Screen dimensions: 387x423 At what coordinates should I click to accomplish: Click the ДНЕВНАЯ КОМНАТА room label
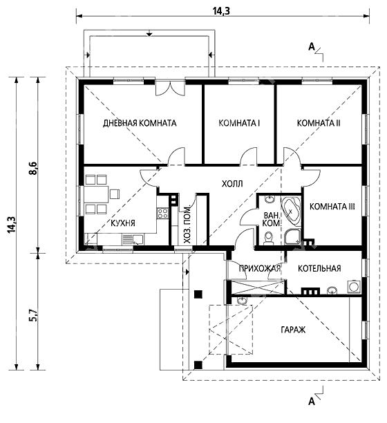pyautogui.click(x=140, y=123)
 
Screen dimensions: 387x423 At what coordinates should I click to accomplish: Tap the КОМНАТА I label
pyautogui.click(x=239, y=123)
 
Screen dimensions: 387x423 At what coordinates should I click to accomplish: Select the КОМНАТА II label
pyautogui.click(x=319, y=123)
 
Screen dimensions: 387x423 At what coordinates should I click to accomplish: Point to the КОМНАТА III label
pyautogui.click(x=332, y=207)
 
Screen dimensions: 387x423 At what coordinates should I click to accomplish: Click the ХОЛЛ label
pyautogui.click(x=232, y=184)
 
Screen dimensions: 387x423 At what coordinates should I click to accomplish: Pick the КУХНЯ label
pyautogui.click(x=123, y=223)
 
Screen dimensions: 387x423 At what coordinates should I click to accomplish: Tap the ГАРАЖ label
pyautogui.click(x=293, y=330)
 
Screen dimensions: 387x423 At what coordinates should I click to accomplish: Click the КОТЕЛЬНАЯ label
pyautogui.click(x=319, y=268)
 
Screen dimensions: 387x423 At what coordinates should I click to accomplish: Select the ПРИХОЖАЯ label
pyautogui.click(x=260, y=268)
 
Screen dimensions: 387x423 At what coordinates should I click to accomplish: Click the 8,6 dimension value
pyautogui.click(x=33, y=169)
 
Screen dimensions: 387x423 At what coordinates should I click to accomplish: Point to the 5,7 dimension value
pyautogui.click(x=33, y=315)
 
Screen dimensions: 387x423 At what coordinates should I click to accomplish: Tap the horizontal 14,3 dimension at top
pyautogui.click(x=221, y=11)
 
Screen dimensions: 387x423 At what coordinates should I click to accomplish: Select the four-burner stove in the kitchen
pyautogui.click(x=163, y=214)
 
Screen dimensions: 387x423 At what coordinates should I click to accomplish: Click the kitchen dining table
pyautogui.click(x=96, y=194)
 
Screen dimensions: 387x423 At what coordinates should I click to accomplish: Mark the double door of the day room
pyautogui.click(x=170, y=87)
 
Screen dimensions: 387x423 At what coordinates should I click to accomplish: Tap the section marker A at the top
pyautogui.click(x=312, y=47)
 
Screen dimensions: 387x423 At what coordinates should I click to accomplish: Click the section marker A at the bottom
pyautogui.click(x=312, y=402)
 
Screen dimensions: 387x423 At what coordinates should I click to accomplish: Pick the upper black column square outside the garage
pyautogui.click(x=198, y=294)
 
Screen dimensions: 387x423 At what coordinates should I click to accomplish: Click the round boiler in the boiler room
pyautogui.click(x=354, y=287)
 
